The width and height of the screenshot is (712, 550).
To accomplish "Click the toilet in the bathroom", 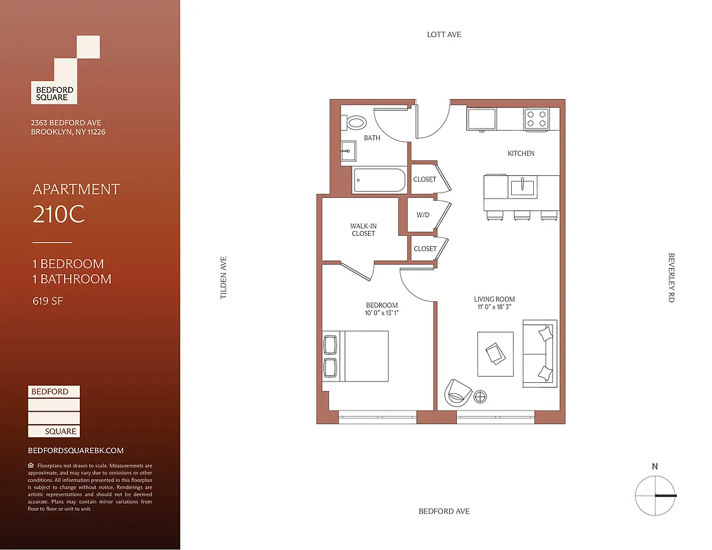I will tap(356, 124).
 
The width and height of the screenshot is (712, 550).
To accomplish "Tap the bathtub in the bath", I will tap(379, 181).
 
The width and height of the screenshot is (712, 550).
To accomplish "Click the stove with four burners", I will tap(537, 119).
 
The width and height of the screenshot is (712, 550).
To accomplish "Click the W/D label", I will tap(423, 215).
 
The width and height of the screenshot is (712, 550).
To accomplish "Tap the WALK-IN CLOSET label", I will tap(363, 230).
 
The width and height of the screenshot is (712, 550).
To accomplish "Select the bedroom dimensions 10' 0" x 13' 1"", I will tap(382, 313).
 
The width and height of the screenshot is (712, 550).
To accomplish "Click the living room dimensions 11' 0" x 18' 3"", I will tap(494, 307).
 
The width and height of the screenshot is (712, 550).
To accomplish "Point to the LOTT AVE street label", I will tap(444, 34).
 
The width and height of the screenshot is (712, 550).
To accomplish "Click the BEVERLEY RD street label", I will tap(671, 278).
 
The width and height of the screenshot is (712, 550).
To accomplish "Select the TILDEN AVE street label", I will tap(223, 278).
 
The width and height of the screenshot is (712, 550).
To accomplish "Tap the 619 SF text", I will tap(47, 300).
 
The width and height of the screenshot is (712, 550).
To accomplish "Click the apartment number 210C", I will tap(58, 214).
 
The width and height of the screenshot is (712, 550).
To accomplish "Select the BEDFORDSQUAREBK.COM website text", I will tap(76, 450).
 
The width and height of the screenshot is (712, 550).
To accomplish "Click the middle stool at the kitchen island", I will tap(522, 216).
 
